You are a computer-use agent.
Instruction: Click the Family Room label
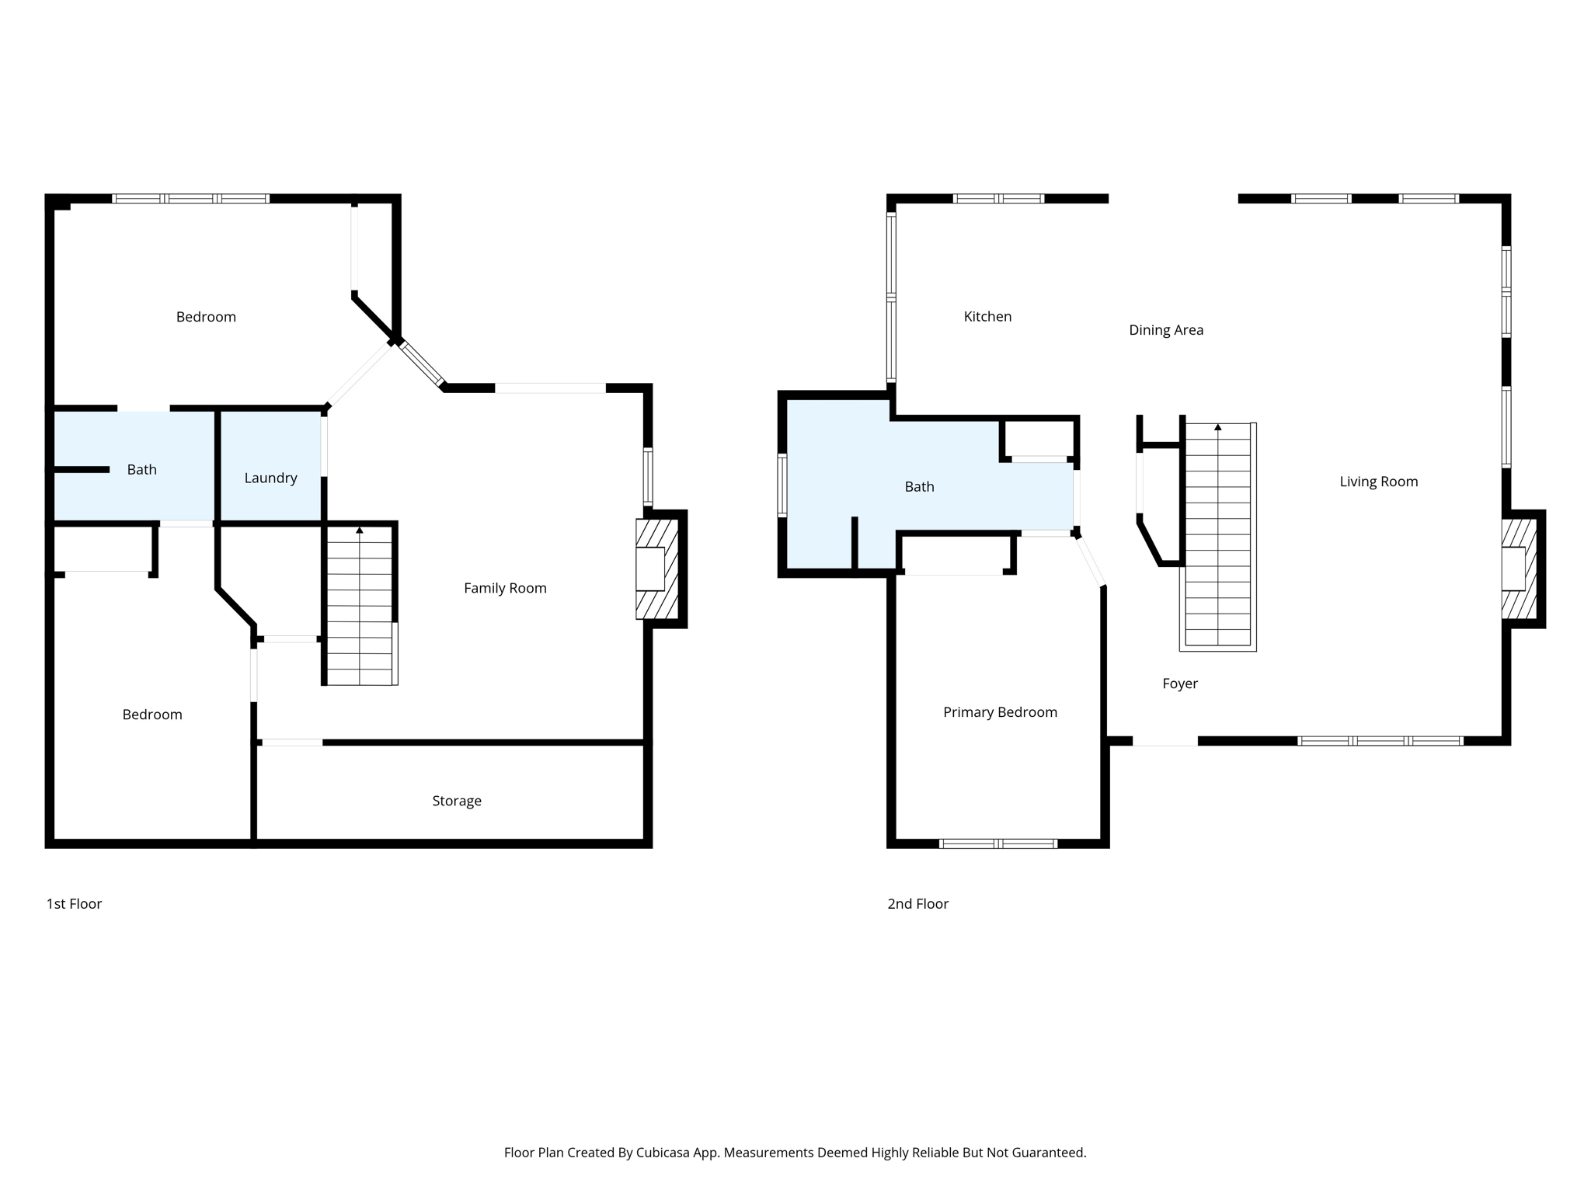coord(505,588)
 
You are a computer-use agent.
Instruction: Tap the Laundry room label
coord(270,478)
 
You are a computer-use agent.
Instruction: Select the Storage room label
coord(457,801)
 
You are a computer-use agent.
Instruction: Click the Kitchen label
coord(987,316)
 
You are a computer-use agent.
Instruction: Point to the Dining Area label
coord(1166,330)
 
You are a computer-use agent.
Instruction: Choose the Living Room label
coord(1378,482)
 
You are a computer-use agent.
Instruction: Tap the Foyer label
coord(1179,683)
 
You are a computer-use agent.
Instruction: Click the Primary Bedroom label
coord(1000,712)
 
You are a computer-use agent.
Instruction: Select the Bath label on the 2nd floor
coord(919,487)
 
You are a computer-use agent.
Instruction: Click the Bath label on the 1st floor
coord(141,470)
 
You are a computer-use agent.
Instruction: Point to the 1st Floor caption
coord(74,903)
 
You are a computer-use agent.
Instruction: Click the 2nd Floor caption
coord(917,903)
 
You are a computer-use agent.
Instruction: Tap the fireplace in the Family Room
coord(656,569)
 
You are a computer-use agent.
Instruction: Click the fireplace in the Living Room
coord(1519,569)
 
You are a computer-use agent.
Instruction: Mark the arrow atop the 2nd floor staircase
coord(1217,427)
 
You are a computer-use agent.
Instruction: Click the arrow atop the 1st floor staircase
coord(359,530)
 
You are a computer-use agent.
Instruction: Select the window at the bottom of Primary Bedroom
coord(997,843)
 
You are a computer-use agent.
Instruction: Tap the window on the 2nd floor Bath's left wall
coord(782,485)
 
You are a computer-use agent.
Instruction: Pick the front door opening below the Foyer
coord(1165,742)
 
